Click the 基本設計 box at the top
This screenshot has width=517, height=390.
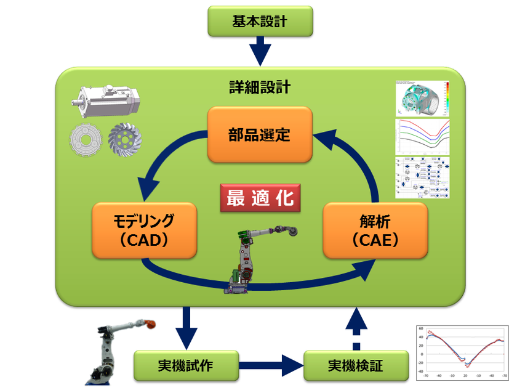[261, 22]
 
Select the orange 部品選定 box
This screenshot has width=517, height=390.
[260, 134]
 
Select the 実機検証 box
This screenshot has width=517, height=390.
[356, 365]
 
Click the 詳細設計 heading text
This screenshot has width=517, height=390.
[259, 87]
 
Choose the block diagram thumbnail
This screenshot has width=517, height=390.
[422, 177]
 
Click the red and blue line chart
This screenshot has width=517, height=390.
[462, 352]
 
